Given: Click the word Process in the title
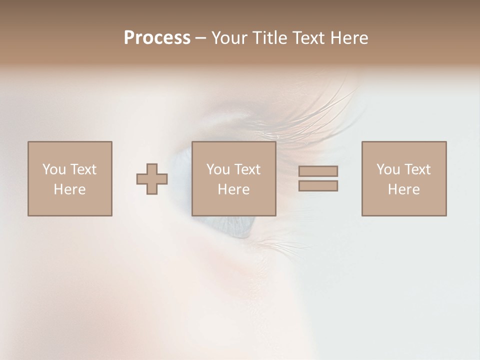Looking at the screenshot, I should (157, 38).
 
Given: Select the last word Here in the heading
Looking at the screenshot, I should (349, 38).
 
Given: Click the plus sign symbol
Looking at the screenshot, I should (152, 178).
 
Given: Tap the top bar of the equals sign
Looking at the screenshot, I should (318, 171).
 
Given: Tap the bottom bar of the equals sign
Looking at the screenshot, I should (318, 185).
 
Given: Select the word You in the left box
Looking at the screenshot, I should (54, 169).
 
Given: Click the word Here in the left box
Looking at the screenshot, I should (69, 189).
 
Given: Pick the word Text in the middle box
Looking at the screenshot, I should (247, 169).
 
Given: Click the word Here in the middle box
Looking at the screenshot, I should (233, 189).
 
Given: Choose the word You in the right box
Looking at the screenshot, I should (388, 169).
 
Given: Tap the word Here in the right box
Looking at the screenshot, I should (403, 189).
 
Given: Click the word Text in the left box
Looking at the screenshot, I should (83, 169).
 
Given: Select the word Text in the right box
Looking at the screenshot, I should (417, 169).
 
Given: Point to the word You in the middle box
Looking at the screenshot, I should (218, 169).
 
